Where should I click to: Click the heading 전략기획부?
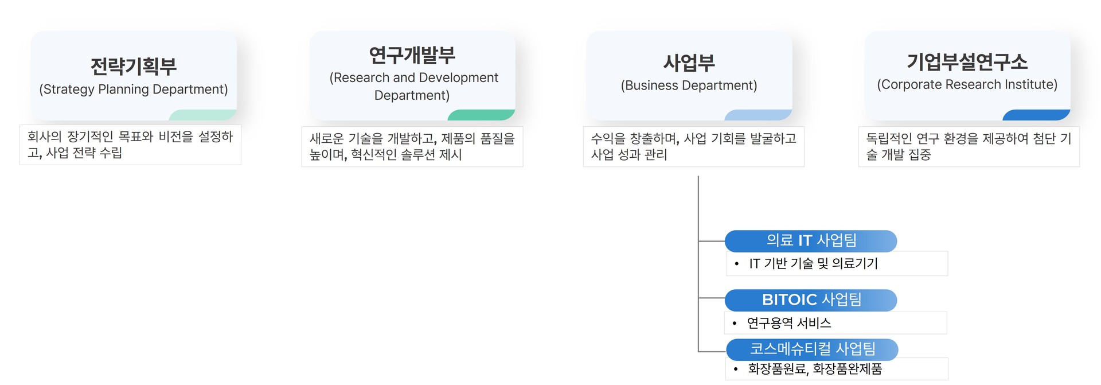coord(133,67)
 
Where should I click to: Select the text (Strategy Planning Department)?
coord(133,90)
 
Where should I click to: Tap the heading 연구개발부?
coord(412,55)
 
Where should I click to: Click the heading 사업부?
coord(689,63)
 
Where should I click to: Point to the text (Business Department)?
coord(689,85)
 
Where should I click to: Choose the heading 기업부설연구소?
coord(967,61)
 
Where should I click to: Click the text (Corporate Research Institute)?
coord(967,84)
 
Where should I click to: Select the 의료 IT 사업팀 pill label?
coord(811,240)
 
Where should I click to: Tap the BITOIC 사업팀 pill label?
coord(811,300)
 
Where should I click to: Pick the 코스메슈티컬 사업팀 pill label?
coord(812,349)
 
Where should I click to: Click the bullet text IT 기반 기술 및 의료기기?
coord(813,263)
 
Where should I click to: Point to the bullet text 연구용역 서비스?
coord(788,323)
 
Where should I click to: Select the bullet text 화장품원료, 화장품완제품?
coord(814,369)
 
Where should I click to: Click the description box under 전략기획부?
coord(130,145)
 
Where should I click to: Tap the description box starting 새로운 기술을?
coord(412,146)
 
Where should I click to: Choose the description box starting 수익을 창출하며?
coord(693,146)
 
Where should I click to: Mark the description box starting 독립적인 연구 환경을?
coord(969,146)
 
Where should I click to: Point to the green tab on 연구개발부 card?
coord(482,115)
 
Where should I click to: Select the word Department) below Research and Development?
coord(412,95)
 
